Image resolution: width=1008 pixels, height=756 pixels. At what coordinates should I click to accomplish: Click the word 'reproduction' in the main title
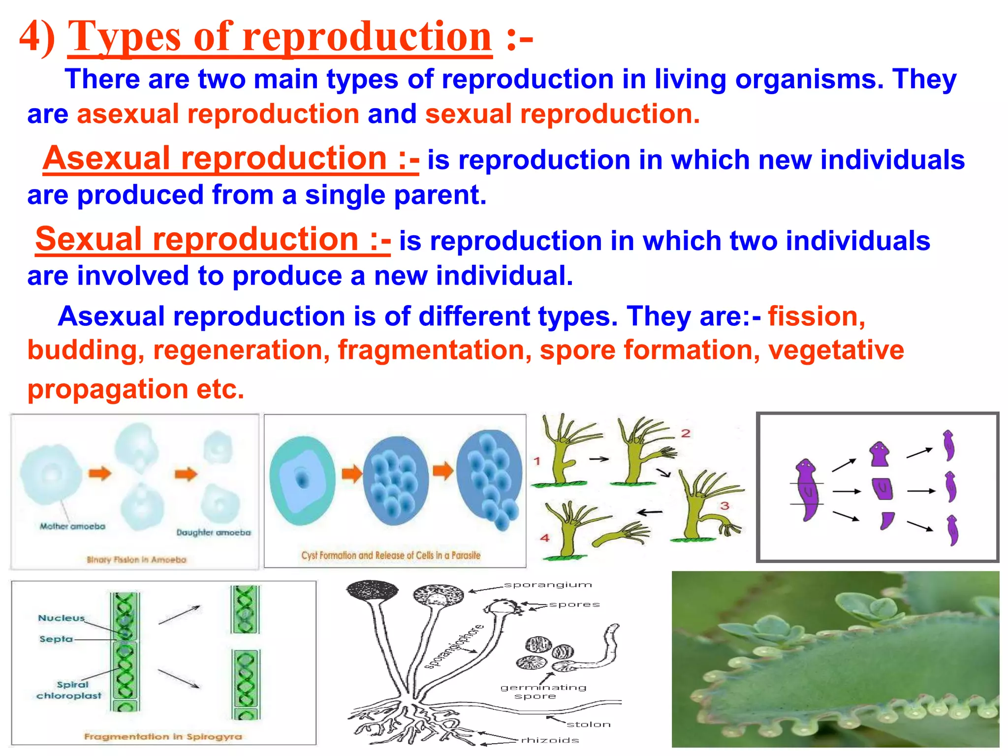point(367,37)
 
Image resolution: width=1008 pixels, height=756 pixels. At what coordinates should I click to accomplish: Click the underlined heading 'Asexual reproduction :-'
point(230,159)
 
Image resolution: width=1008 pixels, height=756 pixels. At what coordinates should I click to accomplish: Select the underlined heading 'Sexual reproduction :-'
point(213,240)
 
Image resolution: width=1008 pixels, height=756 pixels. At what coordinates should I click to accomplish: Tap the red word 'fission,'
point(816,316)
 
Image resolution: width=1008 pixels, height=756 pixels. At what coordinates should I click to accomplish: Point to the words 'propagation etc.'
point(136,389)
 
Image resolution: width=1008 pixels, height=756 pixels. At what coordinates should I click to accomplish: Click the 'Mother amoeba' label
point(72,526)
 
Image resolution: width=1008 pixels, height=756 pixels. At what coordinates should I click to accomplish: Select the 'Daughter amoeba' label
point(214,533)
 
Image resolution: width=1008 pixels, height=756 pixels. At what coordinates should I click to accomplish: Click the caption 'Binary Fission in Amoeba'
point(136,560)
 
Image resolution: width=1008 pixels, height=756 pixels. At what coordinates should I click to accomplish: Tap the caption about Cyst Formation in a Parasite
point(390,555)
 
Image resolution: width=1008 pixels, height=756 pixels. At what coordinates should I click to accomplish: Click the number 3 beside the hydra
point(724,505)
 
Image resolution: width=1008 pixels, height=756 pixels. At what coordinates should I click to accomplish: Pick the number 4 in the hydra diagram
point(545,538)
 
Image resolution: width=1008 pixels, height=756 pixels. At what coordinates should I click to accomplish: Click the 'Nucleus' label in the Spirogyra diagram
point(62,618)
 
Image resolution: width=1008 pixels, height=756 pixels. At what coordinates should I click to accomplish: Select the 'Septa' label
point(56,639)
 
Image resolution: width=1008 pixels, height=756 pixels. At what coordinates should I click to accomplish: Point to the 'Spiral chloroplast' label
point(69,690)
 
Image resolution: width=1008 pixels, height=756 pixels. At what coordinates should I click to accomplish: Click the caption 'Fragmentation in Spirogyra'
point(163,736)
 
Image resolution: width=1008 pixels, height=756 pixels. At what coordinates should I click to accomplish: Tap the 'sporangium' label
point(547,585)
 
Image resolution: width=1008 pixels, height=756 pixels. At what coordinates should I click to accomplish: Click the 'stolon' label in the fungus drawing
point(588,724)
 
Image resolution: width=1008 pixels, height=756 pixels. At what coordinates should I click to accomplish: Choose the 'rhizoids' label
point(550,740)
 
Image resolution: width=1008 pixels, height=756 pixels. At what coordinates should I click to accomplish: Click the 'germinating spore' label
point(542,692)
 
